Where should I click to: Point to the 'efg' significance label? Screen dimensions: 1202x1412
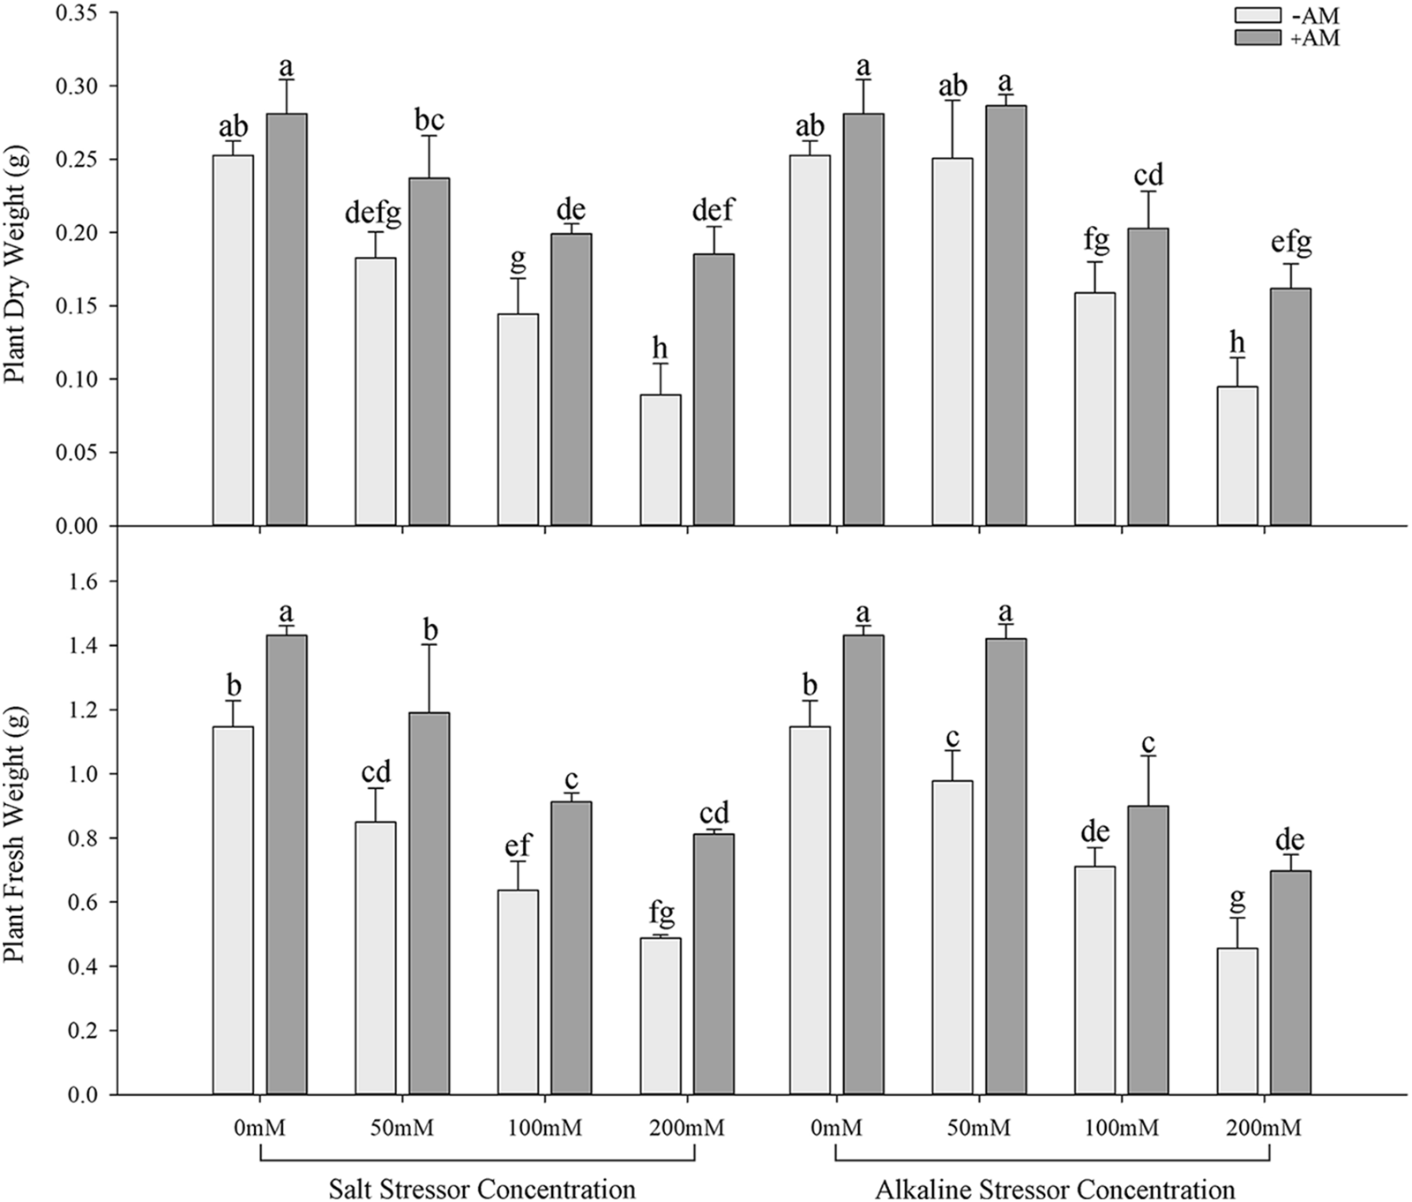pyautogui.click(x=1290, y=244)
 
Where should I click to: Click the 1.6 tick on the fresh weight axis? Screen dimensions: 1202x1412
pyautogui.click(x=86, y=582)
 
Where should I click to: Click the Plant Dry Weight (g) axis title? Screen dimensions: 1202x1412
pyautogui.click(x=15, y=265)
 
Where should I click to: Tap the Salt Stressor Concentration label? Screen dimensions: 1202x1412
pyautogui.click(x=482, y=1188)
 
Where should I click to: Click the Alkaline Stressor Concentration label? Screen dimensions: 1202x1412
pyautogui.click(x=1054, y=1188)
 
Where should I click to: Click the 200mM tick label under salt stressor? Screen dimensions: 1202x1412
pyautogui.click(x=686, y=1129)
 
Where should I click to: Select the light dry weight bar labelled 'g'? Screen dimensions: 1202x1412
pyautogui.click(x=518, y=419)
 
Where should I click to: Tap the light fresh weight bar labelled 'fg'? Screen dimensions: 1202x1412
pyautogui.click(x=661, y=1016)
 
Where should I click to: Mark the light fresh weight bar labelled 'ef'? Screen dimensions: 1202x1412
pyautogui.click(x=518, y=992)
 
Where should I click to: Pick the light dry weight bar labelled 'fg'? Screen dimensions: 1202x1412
pyautogui.click(x=1094, y=409)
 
